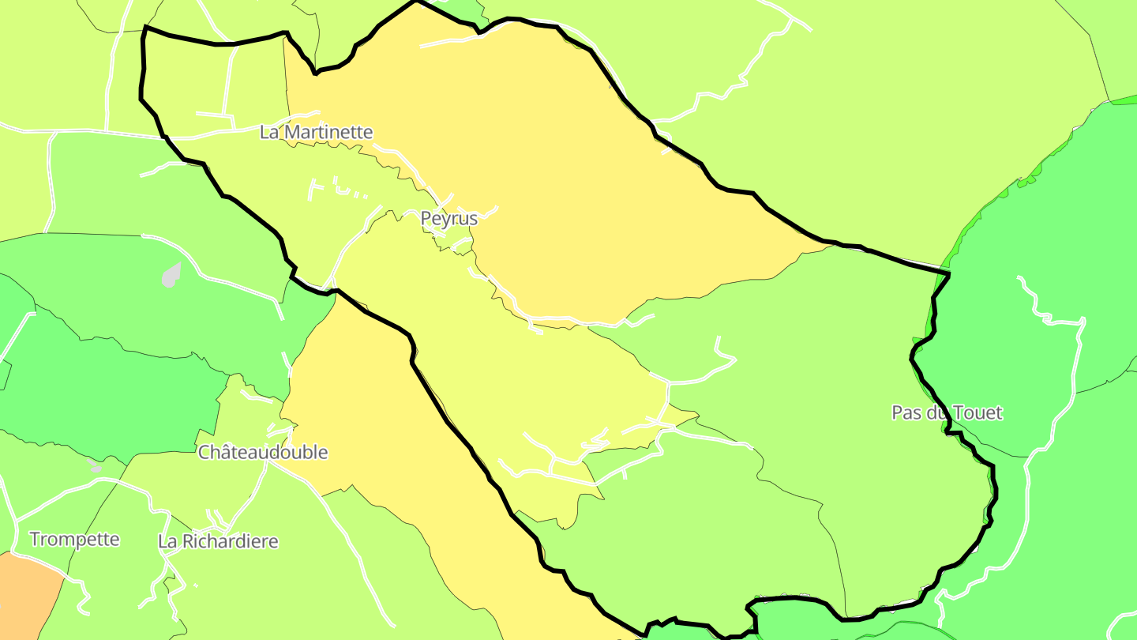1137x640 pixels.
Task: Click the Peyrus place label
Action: (x=448, y=218)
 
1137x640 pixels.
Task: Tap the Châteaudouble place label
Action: (x=262, y=453)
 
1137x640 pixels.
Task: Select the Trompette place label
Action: (x=74, y=540)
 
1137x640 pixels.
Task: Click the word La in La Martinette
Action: (x=270, y=132)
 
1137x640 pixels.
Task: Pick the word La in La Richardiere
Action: (x=168, y=542)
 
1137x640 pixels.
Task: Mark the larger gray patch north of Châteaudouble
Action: (x=171, y=275)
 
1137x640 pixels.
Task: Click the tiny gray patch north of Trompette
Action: (x=96, y=468)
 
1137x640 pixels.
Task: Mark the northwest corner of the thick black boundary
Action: (x=145, y=28)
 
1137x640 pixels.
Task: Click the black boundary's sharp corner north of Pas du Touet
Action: (x=948, y=273)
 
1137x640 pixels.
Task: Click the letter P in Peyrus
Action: (x=426, y=218)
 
